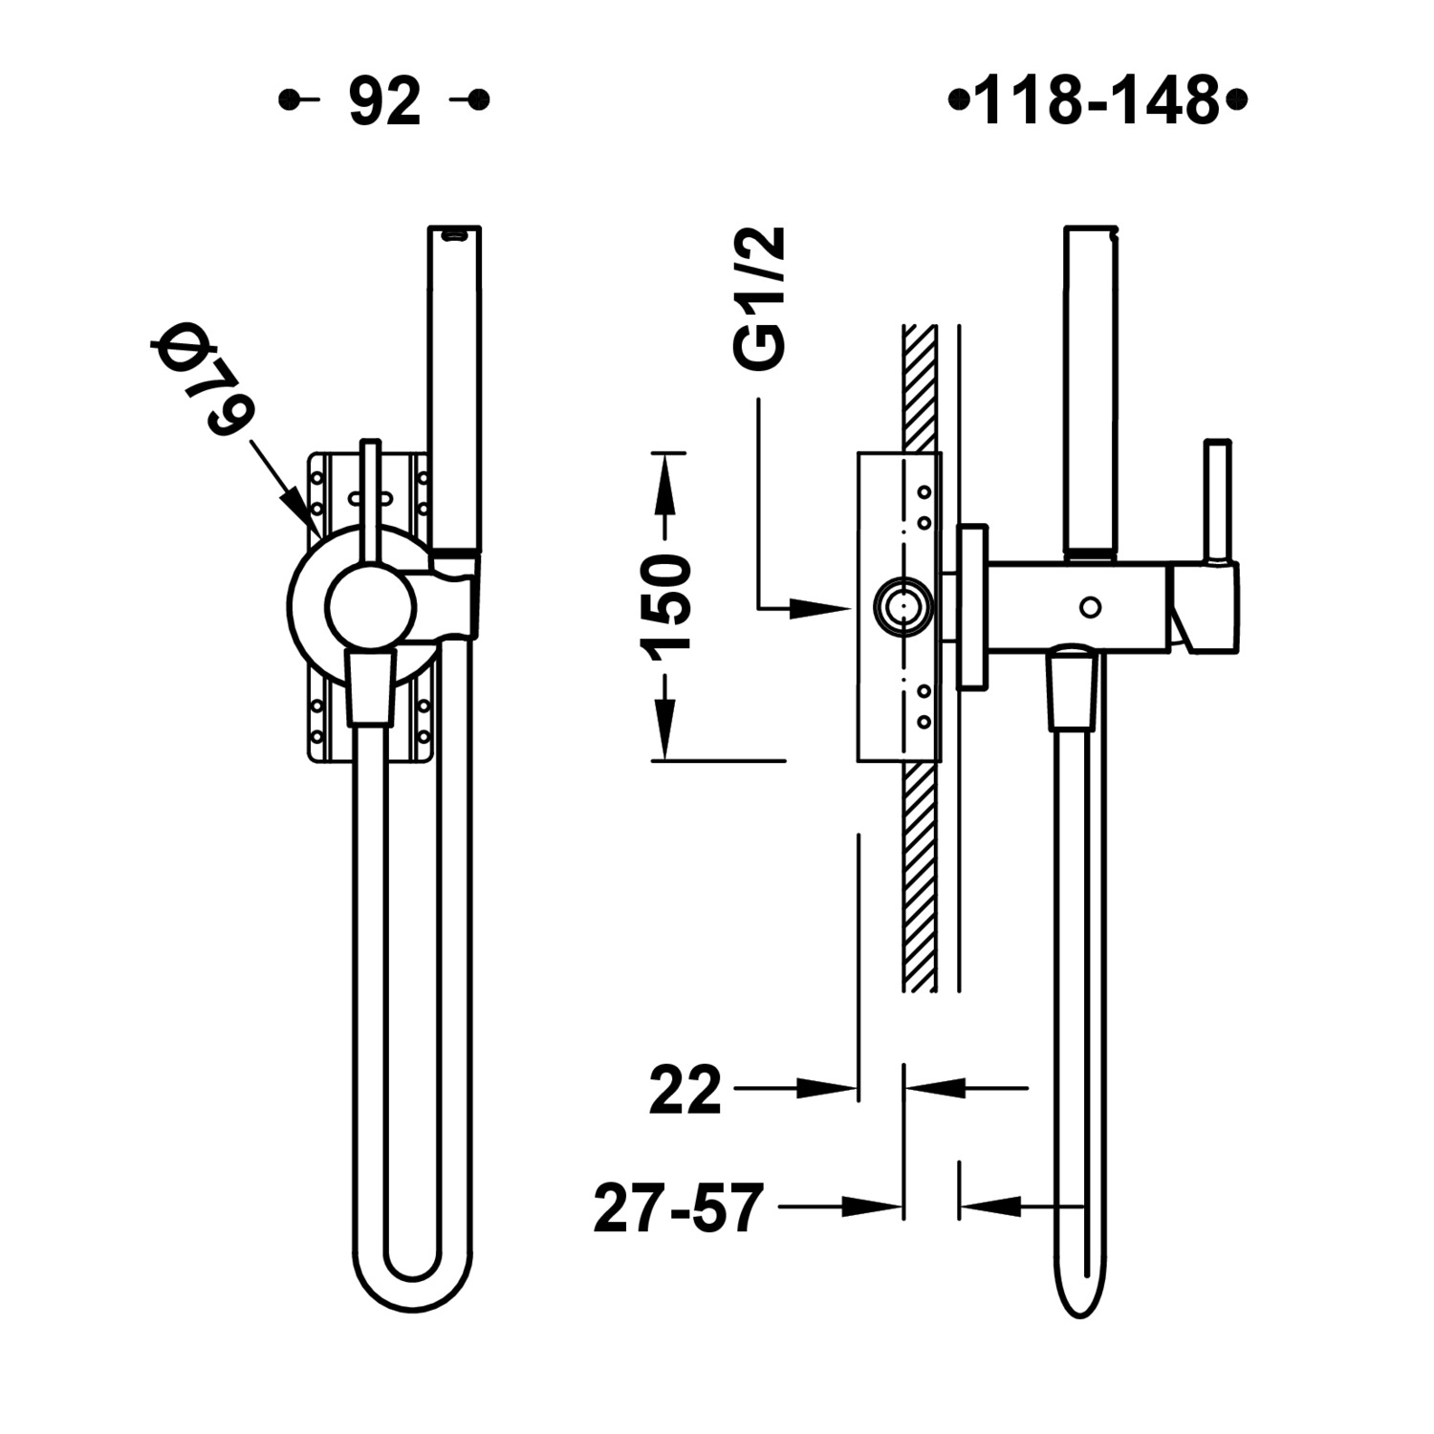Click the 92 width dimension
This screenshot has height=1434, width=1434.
click(x=384, y=101)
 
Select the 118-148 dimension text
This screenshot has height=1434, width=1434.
click(x=1097, y=101)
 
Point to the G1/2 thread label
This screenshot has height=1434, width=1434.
click(x=761, y=297)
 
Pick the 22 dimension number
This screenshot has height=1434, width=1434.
click(x=684, y=1091)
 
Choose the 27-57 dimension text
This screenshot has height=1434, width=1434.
click(x=679, y=1207)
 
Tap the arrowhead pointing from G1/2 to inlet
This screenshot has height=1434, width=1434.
click(x=821, y=607)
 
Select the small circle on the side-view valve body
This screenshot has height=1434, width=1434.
click(x=1090, y=606)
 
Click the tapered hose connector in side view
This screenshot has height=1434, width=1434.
click(x=1072, y=689)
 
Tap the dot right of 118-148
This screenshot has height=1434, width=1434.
click(x=1238, y=100)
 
